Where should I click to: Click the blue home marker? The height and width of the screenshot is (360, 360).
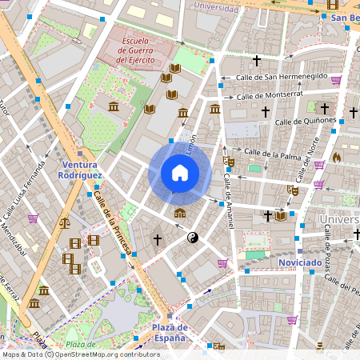(x=180, y=173)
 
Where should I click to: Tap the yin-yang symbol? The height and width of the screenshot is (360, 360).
(x=192, y=238)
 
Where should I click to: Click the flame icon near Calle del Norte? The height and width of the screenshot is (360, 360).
(x=337, y=158)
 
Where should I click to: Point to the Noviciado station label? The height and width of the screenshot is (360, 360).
(x=300, y=262)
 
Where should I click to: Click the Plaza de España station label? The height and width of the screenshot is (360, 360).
(x=170, y=332)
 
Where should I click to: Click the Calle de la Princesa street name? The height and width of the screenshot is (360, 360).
(x=113, y=224)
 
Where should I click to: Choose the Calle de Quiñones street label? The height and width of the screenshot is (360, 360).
(x=304, y=121)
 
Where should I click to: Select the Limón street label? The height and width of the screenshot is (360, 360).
(x=190, y=145)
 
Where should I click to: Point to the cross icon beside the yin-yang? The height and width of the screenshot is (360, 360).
(x=158, y=239)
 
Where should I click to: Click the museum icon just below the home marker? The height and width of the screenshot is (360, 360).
(x=180, y=213)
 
